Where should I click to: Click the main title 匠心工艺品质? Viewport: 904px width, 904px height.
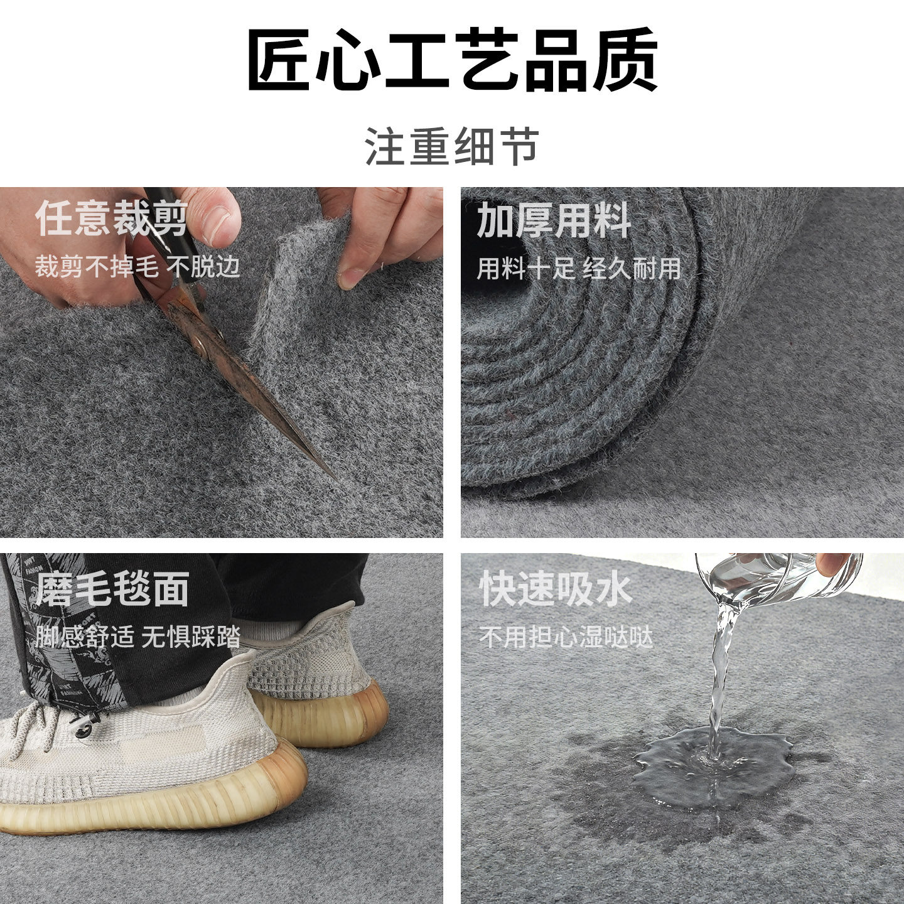[452, 60]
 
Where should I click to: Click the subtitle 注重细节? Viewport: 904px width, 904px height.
[452, 146]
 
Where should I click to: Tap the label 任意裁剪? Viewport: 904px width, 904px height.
[112, 219]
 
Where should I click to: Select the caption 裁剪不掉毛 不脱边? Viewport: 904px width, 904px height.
[137, 267]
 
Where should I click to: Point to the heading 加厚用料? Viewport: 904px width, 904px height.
[554, 220]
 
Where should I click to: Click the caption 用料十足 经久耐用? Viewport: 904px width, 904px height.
[579, 269]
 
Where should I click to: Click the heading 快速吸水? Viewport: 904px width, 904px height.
[556, 589]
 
